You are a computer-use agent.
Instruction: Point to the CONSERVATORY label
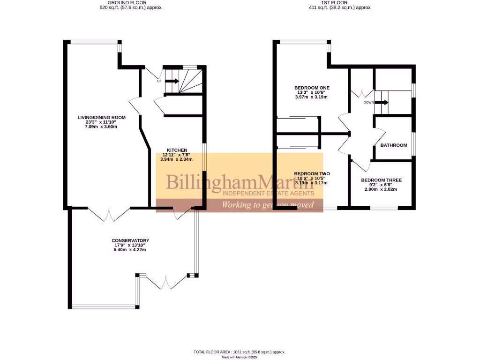pos(130,240)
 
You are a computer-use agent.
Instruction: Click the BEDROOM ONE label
pos(312,88)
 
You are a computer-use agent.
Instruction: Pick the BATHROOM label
pos(393,145)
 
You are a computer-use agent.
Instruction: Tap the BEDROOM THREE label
pos(381,180)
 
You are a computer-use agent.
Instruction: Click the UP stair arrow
pos(172,81)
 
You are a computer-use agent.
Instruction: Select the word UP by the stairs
pos(159,82)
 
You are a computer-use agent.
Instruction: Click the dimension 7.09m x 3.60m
pos(97,127)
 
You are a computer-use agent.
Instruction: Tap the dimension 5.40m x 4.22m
pos(130,250)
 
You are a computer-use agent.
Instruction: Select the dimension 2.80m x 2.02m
pos(381,189)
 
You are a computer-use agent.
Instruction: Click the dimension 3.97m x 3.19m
pos(312,97)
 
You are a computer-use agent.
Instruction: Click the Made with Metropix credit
pos(239,357)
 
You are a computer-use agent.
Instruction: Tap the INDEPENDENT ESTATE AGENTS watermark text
pos(268,193)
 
